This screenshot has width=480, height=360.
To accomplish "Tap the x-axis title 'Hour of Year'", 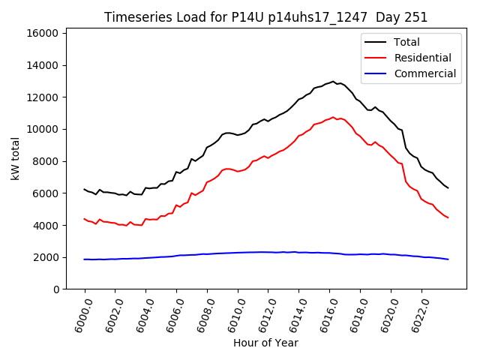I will tap(265, 343).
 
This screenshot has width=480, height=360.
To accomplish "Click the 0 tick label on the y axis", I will tap(56, 289).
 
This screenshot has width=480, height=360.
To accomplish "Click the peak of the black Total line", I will tap(333, 81).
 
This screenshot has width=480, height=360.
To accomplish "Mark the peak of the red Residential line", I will tap(333, 117).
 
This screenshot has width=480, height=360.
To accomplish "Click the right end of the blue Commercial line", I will tap(448, 259).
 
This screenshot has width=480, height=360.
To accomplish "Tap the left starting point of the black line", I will tap(85, 189).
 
